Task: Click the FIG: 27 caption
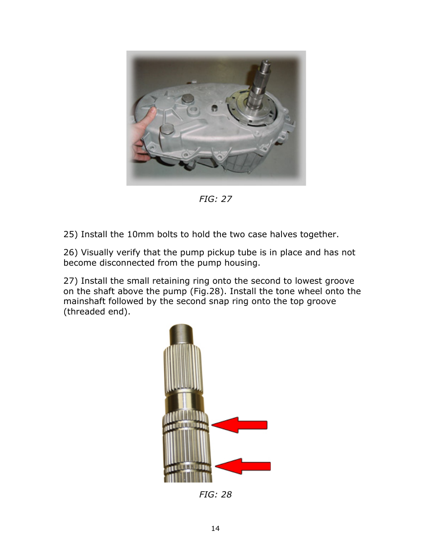pyautogui.click(x=215, y=199)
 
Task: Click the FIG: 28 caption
pyautogui.click(x=215, y=494)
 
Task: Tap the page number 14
pyautogui.click(x=215, y=528)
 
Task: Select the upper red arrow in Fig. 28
pyautogui.click(x=240, y=425)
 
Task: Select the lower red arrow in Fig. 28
pyautogui.click(x=243, y=466)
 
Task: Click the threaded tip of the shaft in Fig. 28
pyautogui.click(x=183, y=334)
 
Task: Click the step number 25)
pyautogui.click(x=70, y=234)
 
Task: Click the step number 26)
pyautogui.click(x=70, y=253)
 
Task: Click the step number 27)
pyautogui.click(x=70, y=281)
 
